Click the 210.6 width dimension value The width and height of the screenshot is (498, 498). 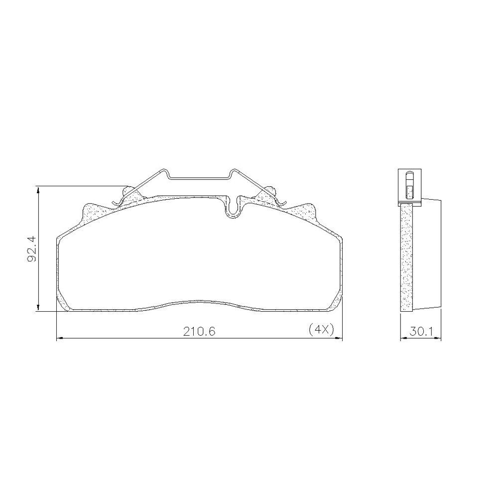coord(199,331)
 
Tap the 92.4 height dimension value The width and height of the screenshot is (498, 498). coord(31,249)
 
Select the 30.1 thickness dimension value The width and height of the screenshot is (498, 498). coord(421,332)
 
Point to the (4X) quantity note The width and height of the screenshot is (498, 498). coord(321,330)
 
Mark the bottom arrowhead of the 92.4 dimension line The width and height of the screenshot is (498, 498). coord(38,307)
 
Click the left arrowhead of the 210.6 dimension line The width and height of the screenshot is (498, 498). coord(60,339)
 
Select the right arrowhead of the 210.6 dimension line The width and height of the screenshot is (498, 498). coord(339,339)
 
